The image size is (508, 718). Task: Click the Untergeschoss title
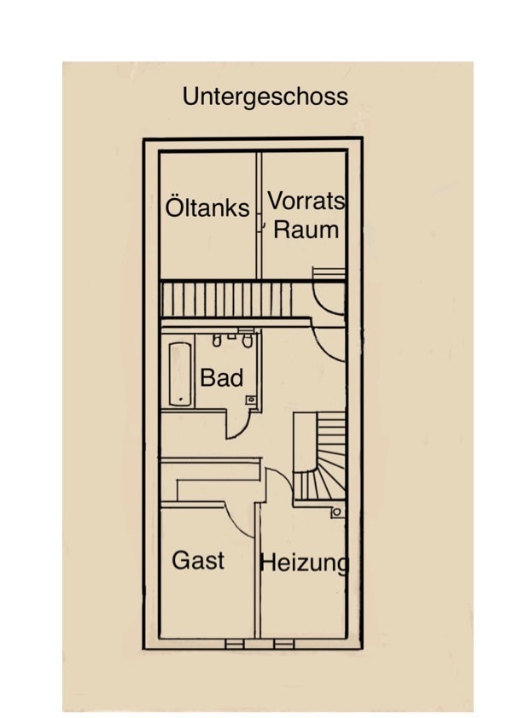coord(266,97)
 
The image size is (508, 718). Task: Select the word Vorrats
coord(306,201)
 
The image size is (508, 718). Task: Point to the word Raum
coord(306,230)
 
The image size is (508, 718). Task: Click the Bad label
coord(222,377)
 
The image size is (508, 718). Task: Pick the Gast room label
coord(198,560)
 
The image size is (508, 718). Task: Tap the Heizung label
coord(305,563)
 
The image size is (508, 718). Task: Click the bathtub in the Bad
coord(180,374)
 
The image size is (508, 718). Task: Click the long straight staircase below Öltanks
coord(227,299)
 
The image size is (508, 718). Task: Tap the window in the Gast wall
coord(235,645)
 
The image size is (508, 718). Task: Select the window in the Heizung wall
coord(284,645)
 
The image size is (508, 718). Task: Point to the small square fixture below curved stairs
coord(337,512)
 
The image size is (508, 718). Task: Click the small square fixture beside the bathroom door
coord(251,400)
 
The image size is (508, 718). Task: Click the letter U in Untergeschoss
coord(190,96)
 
